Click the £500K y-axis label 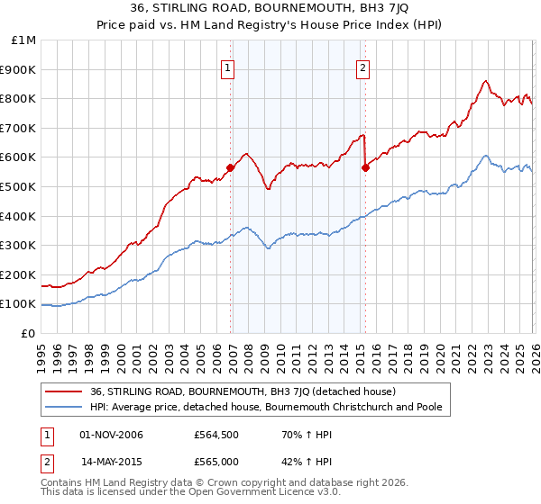click(19, 186)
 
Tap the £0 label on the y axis click(29, 333)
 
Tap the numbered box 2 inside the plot click(362, 66)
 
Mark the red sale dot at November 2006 click(231, 166)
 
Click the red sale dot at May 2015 click(365, 166)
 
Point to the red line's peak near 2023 click(485, 81)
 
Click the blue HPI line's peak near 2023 click(485, 156)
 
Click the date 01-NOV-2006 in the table click(111, 436)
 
